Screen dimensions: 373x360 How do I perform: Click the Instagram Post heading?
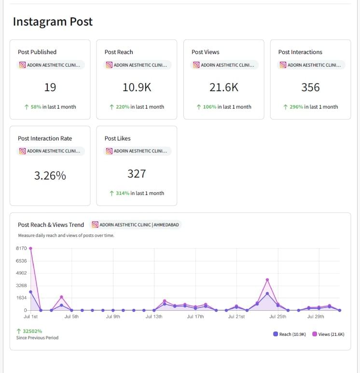(x=53, y=22)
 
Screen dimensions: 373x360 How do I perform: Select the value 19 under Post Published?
(x=50, y=87)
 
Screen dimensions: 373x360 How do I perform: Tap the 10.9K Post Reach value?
(x=137, y=87)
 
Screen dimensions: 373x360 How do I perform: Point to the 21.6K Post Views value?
(x=223, y=87)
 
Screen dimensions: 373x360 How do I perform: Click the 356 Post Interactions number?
(x=310, y=87)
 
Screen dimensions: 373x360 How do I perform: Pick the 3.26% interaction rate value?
(x=50, y=176)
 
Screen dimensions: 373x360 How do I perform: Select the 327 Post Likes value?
(x=137, y=174)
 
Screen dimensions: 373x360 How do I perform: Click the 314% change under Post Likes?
(x=122, y=193)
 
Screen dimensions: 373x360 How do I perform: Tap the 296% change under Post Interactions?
(x=296, y=107)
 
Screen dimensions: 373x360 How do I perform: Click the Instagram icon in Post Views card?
(x=196, y=65)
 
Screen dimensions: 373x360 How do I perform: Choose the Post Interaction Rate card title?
(x=45, y=138)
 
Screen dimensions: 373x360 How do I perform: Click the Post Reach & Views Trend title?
(x=51, y=225)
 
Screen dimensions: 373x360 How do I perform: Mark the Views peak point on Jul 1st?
(x=31, y=249)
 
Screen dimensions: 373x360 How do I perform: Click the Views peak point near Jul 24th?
(x=267, y=280)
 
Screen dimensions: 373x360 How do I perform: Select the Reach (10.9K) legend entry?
(x=290, y=334)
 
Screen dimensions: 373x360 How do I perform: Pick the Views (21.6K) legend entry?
(x=329, y=334)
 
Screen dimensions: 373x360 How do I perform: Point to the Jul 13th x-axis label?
(x=154, y=317)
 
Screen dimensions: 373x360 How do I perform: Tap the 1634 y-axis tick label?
(x=21, y=298)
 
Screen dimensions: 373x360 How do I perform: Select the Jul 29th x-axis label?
(x=316, y=317)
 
